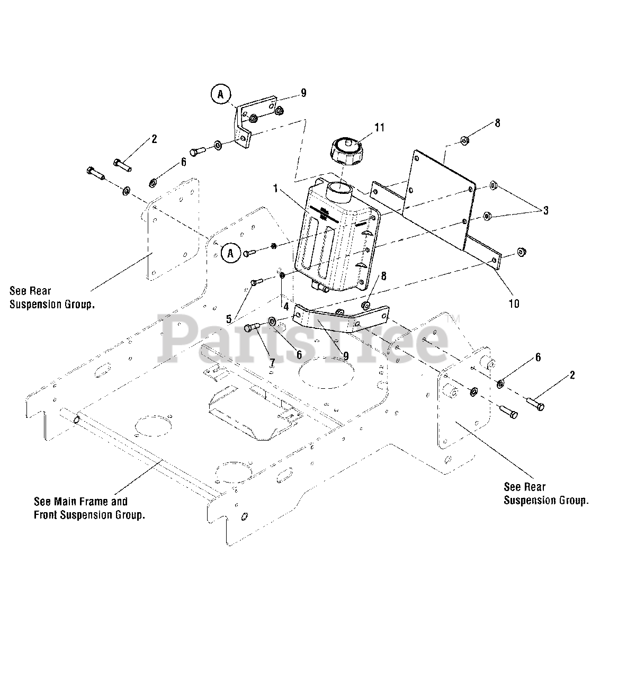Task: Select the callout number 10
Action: point(514,304)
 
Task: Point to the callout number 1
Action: point(276,188)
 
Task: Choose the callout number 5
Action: point(229,319)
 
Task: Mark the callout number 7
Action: point(272,362)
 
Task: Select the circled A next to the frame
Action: point(230,253)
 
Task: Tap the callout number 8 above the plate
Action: point(497,123)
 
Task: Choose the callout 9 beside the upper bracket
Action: point(303,93)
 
